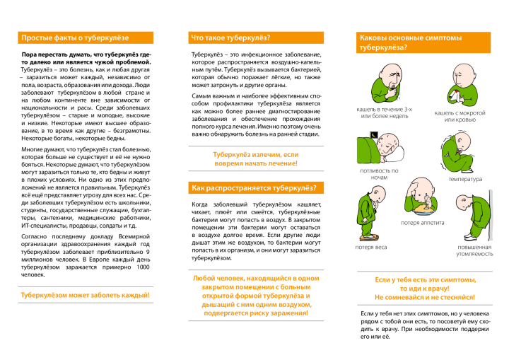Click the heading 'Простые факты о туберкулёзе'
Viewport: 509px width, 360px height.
pos(75,37)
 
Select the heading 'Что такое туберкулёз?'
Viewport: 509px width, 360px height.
pos(230,37)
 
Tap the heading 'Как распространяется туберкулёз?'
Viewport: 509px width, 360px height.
pos(253,187)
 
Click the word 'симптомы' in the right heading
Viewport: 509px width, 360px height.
pos(441,37)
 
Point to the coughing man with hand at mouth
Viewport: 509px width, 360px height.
pos(387,83)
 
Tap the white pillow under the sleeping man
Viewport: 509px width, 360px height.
pos(394,153)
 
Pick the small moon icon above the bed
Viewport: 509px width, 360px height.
pos(374,135)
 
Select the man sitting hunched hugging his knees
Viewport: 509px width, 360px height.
pos(457,153)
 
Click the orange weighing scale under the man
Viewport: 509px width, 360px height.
pos(368,238)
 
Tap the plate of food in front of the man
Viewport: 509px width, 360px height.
pos(424,209)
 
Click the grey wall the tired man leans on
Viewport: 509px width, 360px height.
pos(491,215)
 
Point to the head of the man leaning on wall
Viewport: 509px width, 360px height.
pos(463,203)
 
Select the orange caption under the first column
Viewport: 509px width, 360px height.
pos(86,295)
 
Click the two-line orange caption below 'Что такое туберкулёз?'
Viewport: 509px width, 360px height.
pos(256,158)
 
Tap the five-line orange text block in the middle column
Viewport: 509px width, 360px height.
pos(256,296)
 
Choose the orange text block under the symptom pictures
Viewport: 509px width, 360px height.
pos(424,289)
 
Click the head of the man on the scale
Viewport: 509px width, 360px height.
pos(378,194)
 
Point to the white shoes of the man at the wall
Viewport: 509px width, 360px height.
pos(472,238)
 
